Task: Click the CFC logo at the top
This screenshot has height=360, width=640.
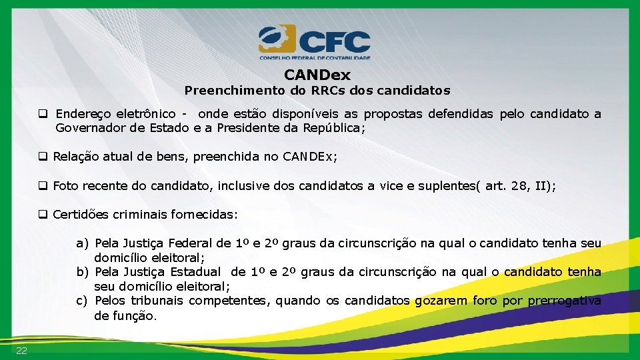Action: click(x=315, y=42)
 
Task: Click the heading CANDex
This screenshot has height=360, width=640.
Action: click(x=317, y=75)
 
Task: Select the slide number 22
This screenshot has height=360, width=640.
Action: click(x=22, y=351)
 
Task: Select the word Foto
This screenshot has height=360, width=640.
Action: click(x=65, y=187)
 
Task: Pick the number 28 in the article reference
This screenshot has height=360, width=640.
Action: click(x=518, y=187)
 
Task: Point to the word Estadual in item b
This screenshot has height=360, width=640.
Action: click(x=195, y=272)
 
